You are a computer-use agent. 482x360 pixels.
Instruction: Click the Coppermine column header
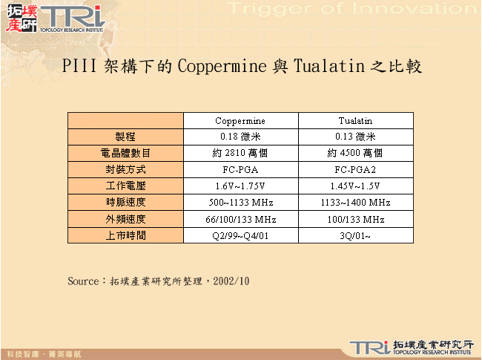tap(240, 120)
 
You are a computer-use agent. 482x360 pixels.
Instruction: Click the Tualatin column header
tap(355, 120)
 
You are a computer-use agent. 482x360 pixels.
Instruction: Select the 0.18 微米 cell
tap(240, 137)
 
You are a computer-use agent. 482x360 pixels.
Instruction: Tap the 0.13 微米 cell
tap(355, 137)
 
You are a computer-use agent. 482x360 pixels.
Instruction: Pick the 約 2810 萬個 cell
tap(240, 153)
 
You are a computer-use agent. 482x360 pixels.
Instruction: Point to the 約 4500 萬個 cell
tap(355, 153)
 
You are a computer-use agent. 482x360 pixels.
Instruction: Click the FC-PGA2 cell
tap(355, 169)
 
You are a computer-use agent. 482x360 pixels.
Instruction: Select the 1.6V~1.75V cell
tap(240, 186)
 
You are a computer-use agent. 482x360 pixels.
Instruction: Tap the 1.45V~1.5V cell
tap(355, 186)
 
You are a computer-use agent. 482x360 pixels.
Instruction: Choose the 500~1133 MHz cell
tap(240, 202)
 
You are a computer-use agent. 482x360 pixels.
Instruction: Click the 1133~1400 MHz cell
tap(355, 202)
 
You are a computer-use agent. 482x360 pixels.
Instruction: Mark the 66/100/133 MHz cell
tap(240, 219)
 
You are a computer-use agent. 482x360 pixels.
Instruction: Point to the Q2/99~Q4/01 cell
tap(240, 235)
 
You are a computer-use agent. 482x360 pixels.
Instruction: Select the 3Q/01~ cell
tap(355, 235)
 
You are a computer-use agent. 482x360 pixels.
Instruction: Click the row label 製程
tap(125, 137)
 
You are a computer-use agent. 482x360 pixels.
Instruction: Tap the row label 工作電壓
tap(125, 186)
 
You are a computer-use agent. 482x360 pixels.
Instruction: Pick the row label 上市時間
tap(125, 235)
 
